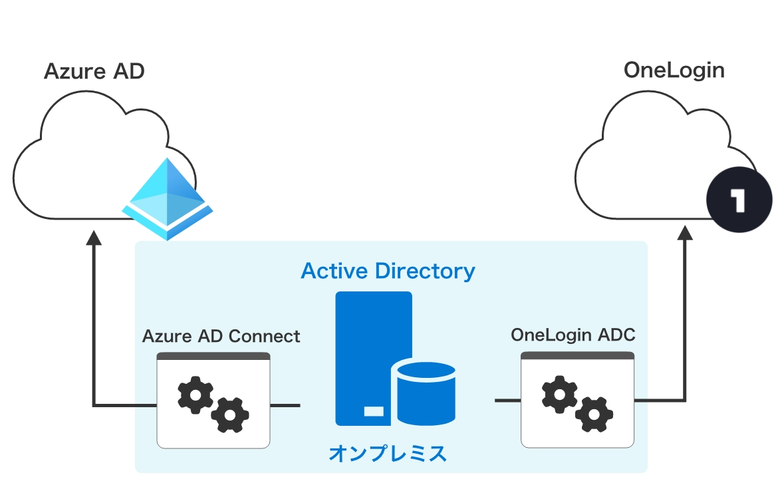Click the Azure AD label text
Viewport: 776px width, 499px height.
pos(94,71)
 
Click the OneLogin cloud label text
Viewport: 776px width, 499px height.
pos(674,70)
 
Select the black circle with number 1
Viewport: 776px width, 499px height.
pos(739,200)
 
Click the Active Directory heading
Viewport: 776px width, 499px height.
pos(388,271)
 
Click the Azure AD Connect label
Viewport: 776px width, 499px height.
pos(221,336)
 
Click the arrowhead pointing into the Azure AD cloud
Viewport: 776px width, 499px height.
pos(94,238)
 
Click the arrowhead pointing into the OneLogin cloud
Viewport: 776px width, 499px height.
pos(686,233)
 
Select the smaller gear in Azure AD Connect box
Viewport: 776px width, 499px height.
pos(230,415)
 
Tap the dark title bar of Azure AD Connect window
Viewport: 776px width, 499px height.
pos(213,356)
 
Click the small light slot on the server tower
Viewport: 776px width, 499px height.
pos(374,411)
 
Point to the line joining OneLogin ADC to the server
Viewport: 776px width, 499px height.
pos(507,401)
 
